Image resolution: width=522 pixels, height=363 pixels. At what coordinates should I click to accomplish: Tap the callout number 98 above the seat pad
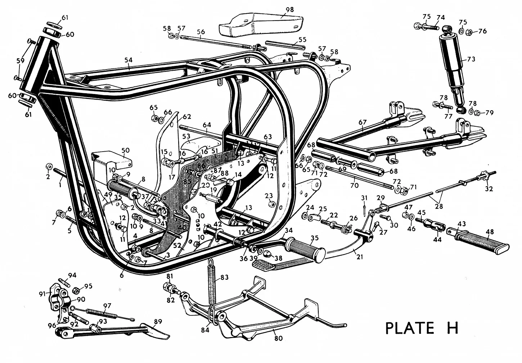[x=290, y=9]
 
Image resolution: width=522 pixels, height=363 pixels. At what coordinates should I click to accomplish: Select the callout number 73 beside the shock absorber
[x=471, y=59]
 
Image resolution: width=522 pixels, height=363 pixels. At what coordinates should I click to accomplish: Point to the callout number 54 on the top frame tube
[x=129, y=59]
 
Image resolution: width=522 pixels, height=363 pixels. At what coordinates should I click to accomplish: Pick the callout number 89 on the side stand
[x=158, y=321]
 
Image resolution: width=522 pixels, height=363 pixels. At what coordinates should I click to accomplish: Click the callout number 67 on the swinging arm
[x=362, y=122]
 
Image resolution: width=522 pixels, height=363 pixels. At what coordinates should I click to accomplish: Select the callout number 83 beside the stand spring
[x=224, y=277]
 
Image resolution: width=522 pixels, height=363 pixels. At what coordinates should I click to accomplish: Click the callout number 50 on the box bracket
[x=125, y=150]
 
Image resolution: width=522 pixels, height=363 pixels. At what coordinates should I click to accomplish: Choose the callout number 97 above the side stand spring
[x=107, y=306]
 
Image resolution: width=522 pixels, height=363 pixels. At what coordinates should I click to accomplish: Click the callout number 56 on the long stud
[x=201, y=32]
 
